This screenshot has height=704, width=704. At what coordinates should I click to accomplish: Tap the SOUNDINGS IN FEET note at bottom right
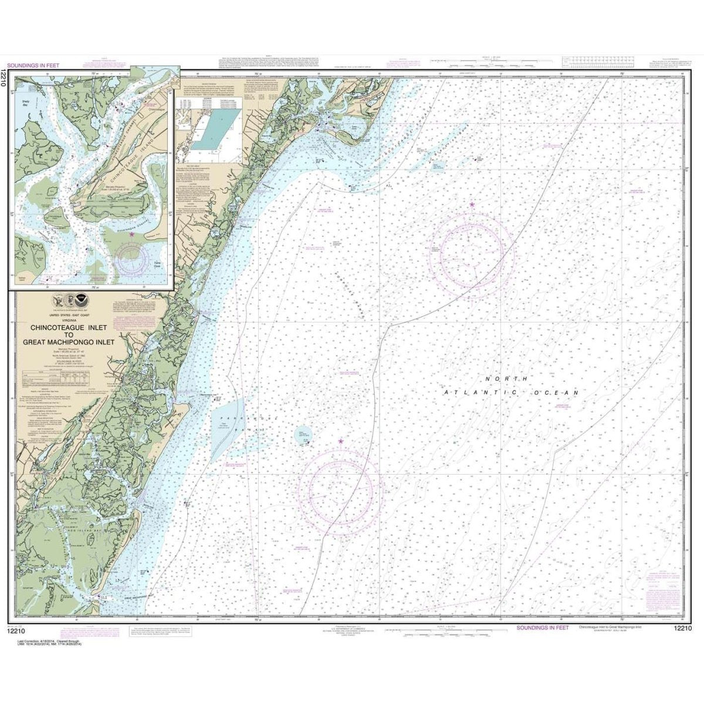pyautogui.click(x=542, y=628)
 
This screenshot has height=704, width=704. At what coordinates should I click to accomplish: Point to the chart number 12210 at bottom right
pyautogui.click(x=678, y=628)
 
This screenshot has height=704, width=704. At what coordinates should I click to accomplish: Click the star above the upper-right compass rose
pyautogui.click(x=472, y=204)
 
